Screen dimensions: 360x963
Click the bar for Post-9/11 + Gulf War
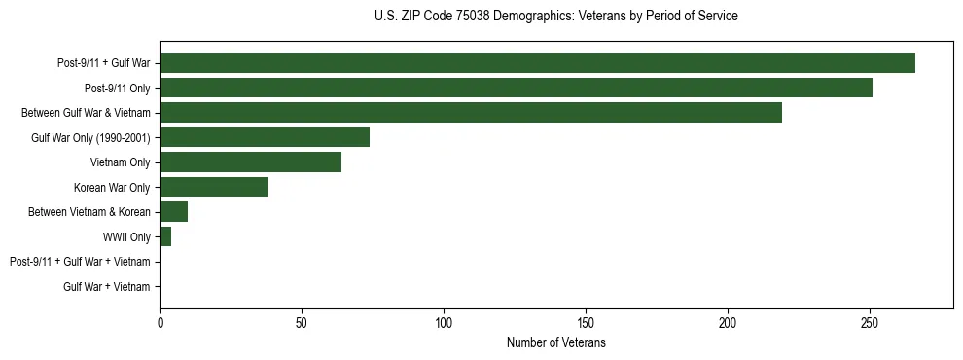pyautogui.click(x=537, y=63)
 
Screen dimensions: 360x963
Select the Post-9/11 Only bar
pyautogui.click(x=516, y=88)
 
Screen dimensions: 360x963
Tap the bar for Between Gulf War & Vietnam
pyautogui.click(x=471, y=113)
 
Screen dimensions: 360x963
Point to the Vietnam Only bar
pyautogui.click(x=250, y=162)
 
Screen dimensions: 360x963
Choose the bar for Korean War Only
pyautogui.click(x=213, y=187)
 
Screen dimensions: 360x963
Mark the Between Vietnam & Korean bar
pyautogui.click(x=173, y=212)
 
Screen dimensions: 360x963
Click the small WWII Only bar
pyautogui.click(x=165, y=236)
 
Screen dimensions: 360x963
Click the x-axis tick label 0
pyautogui.click(x=160, y=322)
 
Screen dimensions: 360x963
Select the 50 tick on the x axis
pyautogui.click(x=302, y=322)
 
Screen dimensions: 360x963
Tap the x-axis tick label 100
pyautogui.click(x=444, y=322)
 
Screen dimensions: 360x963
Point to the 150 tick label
pyautogui.click(x=586, y=322)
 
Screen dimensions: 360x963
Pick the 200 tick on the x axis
pyautogui.click(x=728, y=322)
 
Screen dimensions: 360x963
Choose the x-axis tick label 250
pyautogui.click(x=870, y=322)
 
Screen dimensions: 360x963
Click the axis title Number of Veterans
pyautogui.click(x=556, y=342)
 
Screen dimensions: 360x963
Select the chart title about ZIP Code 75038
pyautogui.click(x=556, y=17)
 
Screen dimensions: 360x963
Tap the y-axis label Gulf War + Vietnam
pyautogui.click(x=107, y=287)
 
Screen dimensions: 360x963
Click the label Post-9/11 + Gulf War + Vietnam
pyautogui.click(x=80, y=262)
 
